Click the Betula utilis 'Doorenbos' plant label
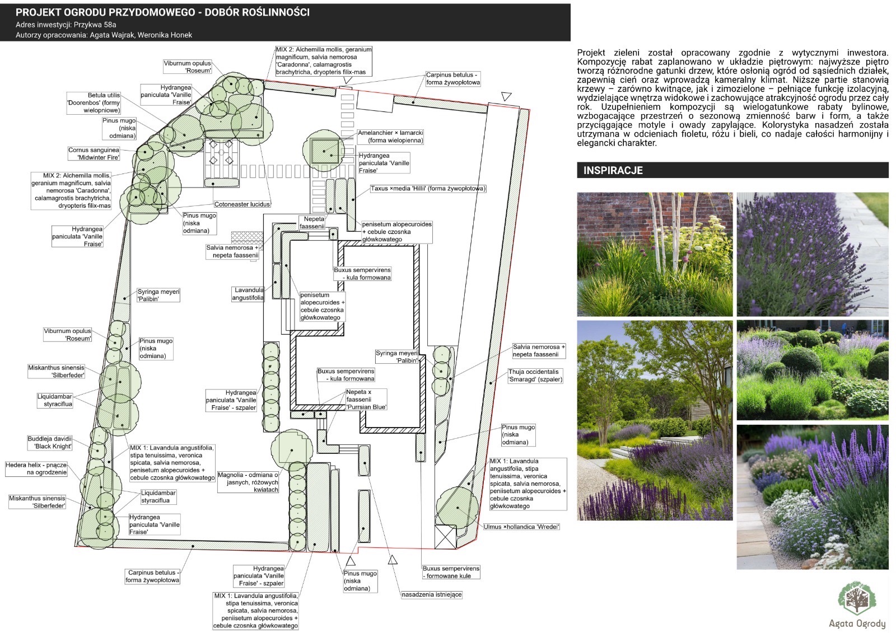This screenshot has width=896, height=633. point(94,103)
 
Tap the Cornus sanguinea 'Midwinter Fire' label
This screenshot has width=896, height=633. point(94,154)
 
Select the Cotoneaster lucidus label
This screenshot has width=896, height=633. point(242,204)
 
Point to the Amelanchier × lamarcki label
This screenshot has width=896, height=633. point(390,137)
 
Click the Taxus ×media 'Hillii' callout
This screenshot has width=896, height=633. point(428,189)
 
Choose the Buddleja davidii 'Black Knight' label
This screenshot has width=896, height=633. point(50,443)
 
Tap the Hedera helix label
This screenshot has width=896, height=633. point(36,468)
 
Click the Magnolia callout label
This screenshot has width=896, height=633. point(248,482)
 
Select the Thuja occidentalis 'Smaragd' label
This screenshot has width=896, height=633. point(535,376)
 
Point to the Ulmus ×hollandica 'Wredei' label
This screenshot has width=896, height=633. point(521,527)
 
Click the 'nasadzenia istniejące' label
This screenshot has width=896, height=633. point(431,594)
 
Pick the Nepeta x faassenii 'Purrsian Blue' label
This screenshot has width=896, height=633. point(366,400)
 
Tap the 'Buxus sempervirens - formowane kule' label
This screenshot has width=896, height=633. point(451,572)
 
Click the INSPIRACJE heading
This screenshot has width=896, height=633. point(613,171)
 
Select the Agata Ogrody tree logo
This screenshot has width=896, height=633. point(857,599)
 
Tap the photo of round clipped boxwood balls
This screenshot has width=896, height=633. point(812,369)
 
